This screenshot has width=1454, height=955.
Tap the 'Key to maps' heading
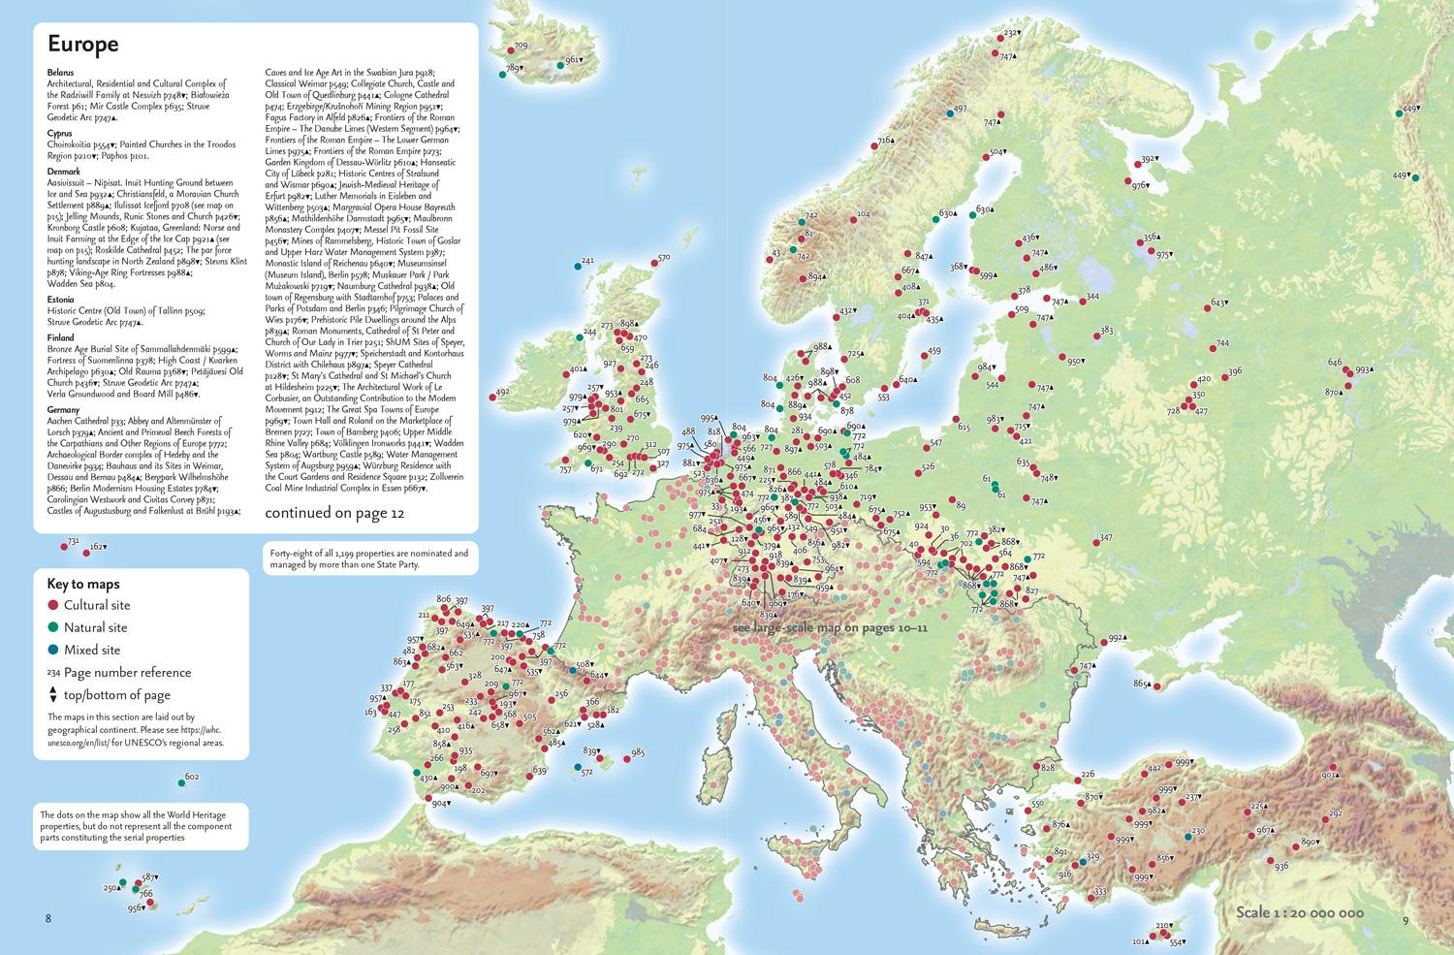[x=83, y=584]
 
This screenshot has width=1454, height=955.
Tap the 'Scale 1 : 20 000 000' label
[x=1300, y=913]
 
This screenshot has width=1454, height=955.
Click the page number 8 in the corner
[x=37, y=918]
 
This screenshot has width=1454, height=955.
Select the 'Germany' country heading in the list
[x=63, y=410]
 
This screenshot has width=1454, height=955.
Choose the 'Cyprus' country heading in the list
[x=60, y=133]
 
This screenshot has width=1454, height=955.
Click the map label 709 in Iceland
[x=522, y=47]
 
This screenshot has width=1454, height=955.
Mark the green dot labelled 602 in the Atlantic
[x=181, y=781]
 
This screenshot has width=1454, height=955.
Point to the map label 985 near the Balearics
[x=637, y=752]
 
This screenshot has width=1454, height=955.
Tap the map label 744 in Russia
[x=1221, y=343]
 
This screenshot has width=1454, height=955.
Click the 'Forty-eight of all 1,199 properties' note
[x=368, y=558]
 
